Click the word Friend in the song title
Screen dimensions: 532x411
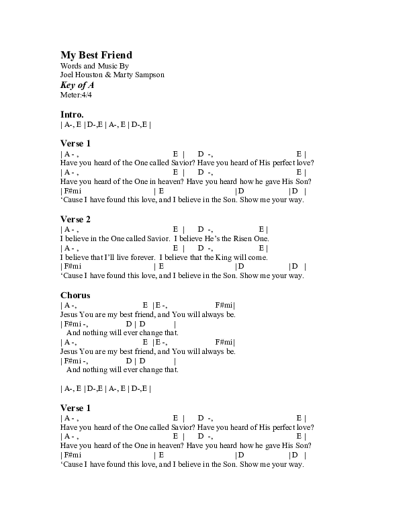[x=116, y=55]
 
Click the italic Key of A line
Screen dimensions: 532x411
[x=77, y=85]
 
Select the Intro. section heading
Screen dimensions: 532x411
[x=72, y=115]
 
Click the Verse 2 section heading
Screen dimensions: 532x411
[x=75, y=219]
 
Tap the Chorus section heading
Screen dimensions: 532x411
[x=75, y=295]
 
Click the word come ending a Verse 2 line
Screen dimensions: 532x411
[x=258, y=257]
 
